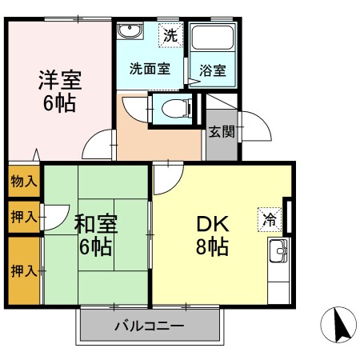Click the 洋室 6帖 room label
point(60,91)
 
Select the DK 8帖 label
point(212,233)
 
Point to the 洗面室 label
point(150,69)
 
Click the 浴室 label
point(213,70)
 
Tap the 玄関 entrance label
point(222,131)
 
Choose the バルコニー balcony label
point(149,326)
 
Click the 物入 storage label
point(23,181)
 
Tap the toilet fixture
point(173,108)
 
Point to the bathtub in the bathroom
point(213,39)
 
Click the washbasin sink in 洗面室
point(129,31)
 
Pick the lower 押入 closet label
point(23,270)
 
